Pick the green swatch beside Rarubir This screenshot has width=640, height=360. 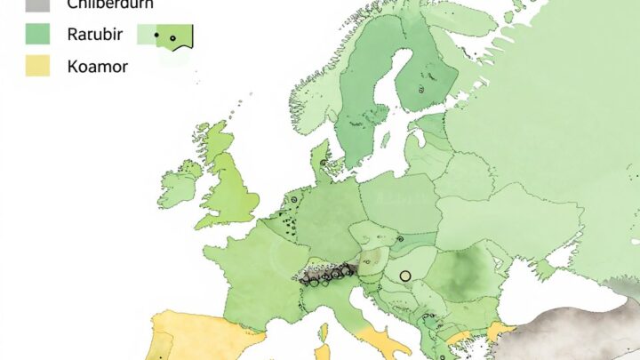pyautogui.click(x=37, y=35)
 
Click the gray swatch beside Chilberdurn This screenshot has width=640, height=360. pyautogui.click(x=37, y=4)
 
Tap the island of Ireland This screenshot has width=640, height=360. pyautogui.click(x=180, y=184)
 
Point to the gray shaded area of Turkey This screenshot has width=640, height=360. pyautogui.click(x=587, y=329)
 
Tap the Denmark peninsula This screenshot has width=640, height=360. pyautogui.click(x=321, y=160)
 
